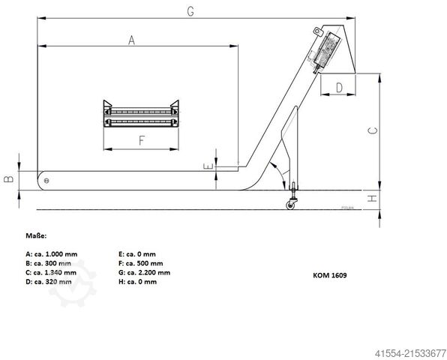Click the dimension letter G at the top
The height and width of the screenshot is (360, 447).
tap(190, 11)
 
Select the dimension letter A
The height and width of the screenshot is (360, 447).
tap(131, 40)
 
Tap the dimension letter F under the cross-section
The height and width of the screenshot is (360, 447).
tap(142, 140)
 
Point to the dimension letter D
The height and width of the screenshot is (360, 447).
tap(339, 88)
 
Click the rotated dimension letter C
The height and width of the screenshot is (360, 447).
tap(373, 130)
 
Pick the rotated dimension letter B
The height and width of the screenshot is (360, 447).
tap(8, 179)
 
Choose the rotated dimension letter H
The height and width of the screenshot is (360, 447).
tap(372, 199)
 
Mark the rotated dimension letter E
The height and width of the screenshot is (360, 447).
tap(208, 166)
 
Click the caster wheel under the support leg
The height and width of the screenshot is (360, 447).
tap(290, 205)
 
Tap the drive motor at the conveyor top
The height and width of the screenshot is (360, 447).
tap(325, 50)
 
